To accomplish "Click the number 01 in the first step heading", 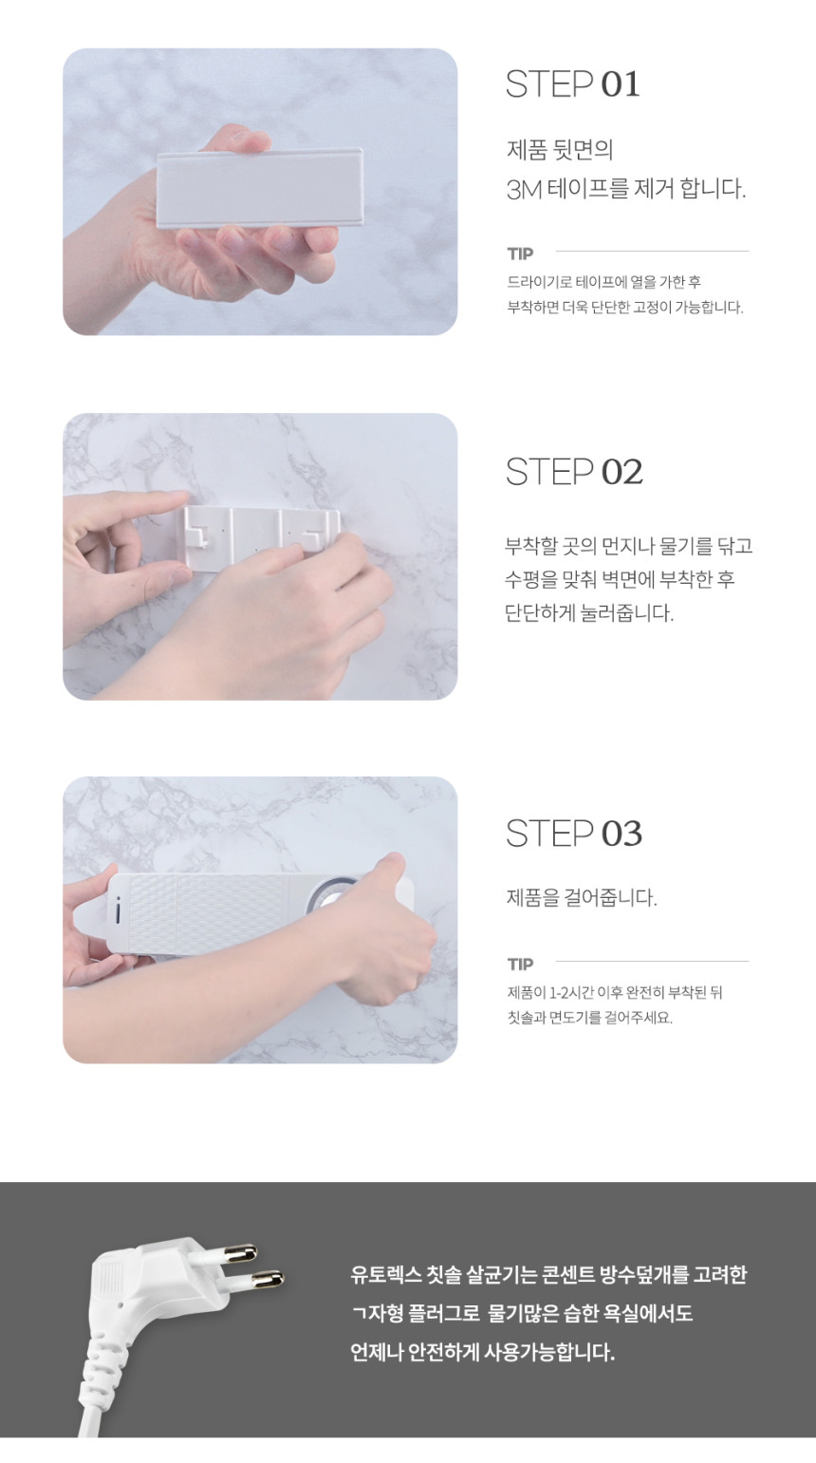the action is (620, 84).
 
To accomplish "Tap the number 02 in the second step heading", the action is (621, 472).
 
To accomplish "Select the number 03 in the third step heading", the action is (621, 834).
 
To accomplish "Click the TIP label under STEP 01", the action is (520, 253).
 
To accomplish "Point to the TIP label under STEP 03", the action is (520, 964).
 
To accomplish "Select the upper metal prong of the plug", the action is (237, 1253).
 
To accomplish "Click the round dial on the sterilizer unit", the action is (328, 899).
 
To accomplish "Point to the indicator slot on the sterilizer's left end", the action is (118, 912).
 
